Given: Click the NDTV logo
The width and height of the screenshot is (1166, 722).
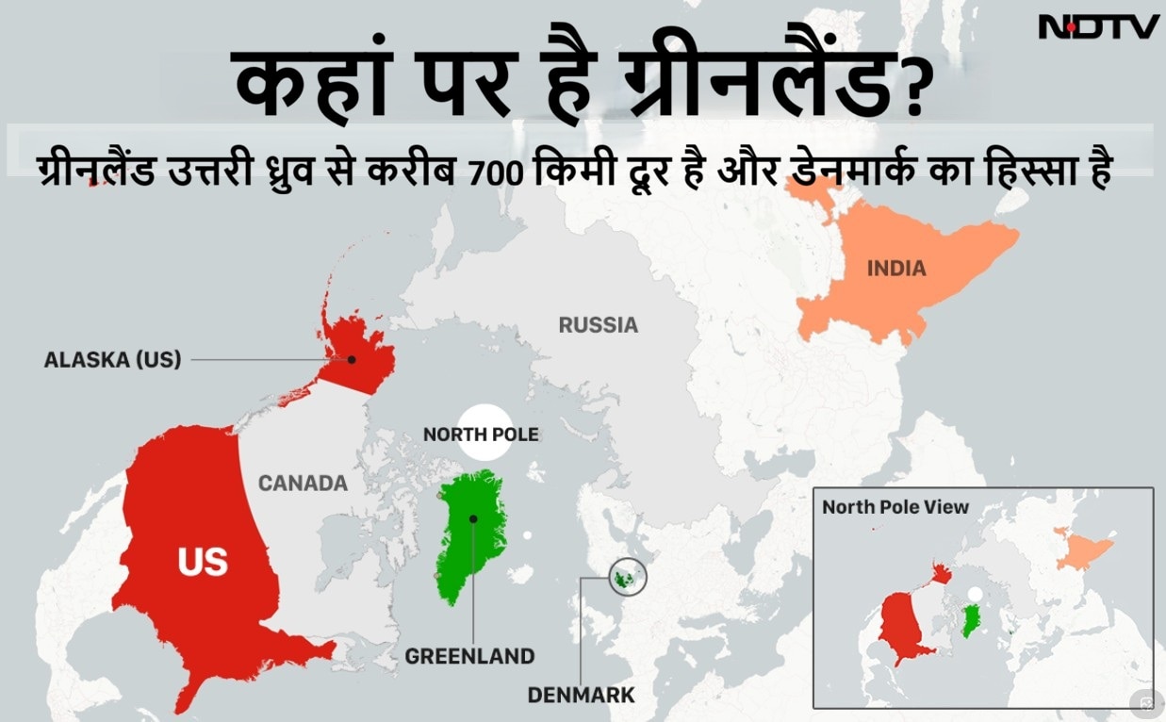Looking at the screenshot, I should [1098, 26].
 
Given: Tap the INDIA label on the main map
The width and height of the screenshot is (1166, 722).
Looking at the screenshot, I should [895, 269].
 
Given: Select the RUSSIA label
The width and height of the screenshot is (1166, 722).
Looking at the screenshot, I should [598, 325].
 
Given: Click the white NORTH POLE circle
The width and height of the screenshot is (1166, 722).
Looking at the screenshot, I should [481, 434].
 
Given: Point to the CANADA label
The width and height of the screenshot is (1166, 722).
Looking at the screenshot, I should [303, 484].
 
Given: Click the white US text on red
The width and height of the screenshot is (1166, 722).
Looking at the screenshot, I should [203, 562].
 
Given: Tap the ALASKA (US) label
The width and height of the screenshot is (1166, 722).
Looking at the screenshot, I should [112, 359].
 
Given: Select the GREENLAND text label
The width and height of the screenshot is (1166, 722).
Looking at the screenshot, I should [469, 656].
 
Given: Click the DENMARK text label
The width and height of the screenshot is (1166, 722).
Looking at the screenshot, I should [581, 697].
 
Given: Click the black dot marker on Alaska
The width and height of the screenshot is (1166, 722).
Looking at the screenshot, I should [351, 359].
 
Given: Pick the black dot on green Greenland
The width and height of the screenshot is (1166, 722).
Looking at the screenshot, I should [472, 518].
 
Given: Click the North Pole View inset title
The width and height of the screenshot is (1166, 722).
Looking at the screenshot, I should [895, 507].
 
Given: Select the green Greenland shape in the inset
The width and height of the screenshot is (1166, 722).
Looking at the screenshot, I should [970, 619].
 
